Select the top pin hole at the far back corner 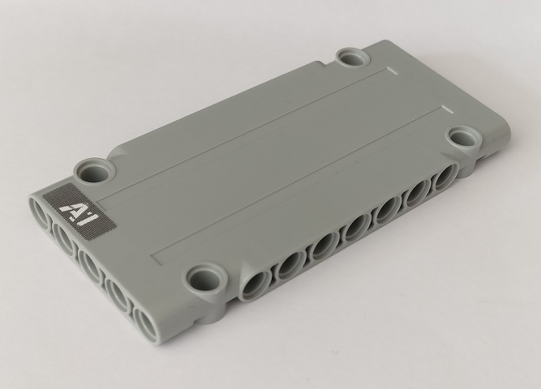pos(353,58)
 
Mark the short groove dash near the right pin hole pos(444,107)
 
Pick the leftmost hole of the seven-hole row pos(254,286)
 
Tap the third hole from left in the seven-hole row pos(324,246)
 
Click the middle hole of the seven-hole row pos(357,229)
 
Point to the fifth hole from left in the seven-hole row pos(387,213)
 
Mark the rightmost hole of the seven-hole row pos(443,181)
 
